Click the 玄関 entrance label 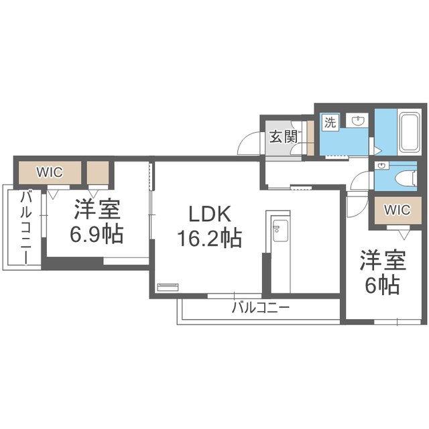point(284,137)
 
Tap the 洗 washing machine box point(330,122)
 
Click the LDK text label point(209,215)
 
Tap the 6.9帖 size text point(97,235)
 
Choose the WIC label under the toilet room point(396,210)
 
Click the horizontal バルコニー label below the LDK point(261,308)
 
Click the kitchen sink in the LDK point(278,231)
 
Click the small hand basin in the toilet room point(381,166)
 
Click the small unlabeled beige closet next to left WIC point(98,172)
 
